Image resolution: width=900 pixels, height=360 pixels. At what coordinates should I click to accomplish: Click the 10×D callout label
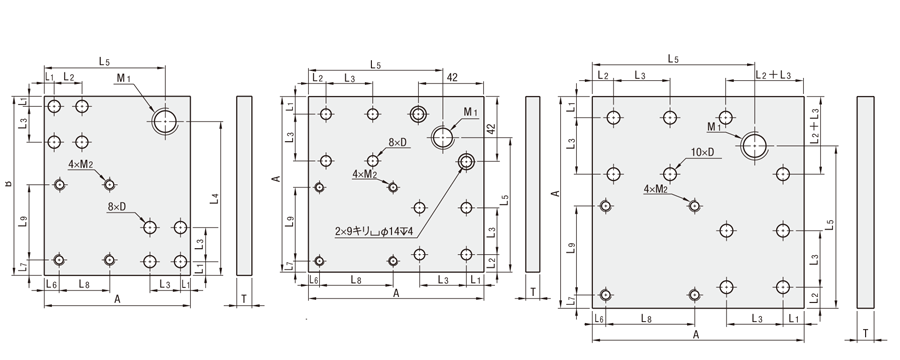[x=702, y=152]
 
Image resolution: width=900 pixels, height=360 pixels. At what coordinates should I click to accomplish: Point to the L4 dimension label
[x=214, y=199]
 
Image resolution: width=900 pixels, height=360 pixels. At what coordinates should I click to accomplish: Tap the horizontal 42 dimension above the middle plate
[x=452, y=78]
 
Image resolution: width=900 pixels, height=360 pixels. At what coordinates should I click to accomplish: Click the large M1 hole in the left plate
[x=165, y=122]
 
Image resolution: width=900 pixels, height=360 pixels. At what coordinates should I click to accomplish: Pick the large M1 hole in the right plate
[x=754, y=145]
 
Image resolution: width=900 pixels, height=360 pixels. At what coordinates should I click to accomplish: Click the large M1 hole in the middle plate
[x=443, y=138]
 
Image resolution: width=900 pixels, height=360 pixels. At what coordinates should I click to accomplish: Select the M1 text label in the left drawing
[x=123, y=78]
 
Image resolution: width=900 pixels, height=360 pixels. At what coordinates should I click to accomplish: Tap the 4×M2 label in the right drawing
[x=655, y=188]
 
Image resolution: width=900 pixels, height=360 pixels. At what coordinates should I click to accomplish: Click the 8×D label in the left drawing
[x=116, y=207]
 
